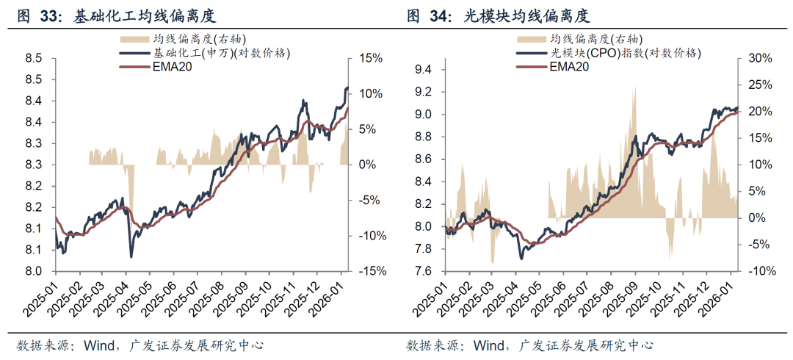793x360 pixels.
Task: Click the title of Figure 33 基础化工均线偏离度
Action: pyautogui.click(x=121, y=15)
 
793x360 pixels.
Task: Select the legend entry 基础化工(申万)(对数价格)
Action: pyautogui.click(x=221, y=54)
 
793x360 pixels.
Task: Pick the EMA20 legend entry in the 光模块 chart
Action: pyautogui.click(x=570, y=68)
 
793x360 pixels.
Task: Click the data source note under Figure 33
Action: pyautogui.click(x=140, y=345)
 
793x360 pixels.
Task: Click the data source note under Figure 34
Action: pyautogui.click(x=529, y=345)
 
